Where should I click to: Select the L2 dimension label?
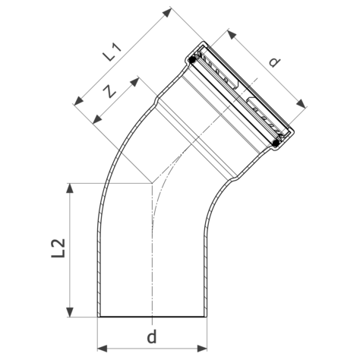click(60, 248)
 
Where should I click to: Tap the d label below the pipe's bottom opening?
click(153, 335)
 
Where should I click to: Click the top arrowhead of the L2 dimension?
click(71, 187)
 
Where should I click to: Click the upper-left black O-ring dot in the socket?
click(194, 58)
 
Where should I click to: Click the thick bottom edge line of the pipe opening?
click(153, 317)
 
